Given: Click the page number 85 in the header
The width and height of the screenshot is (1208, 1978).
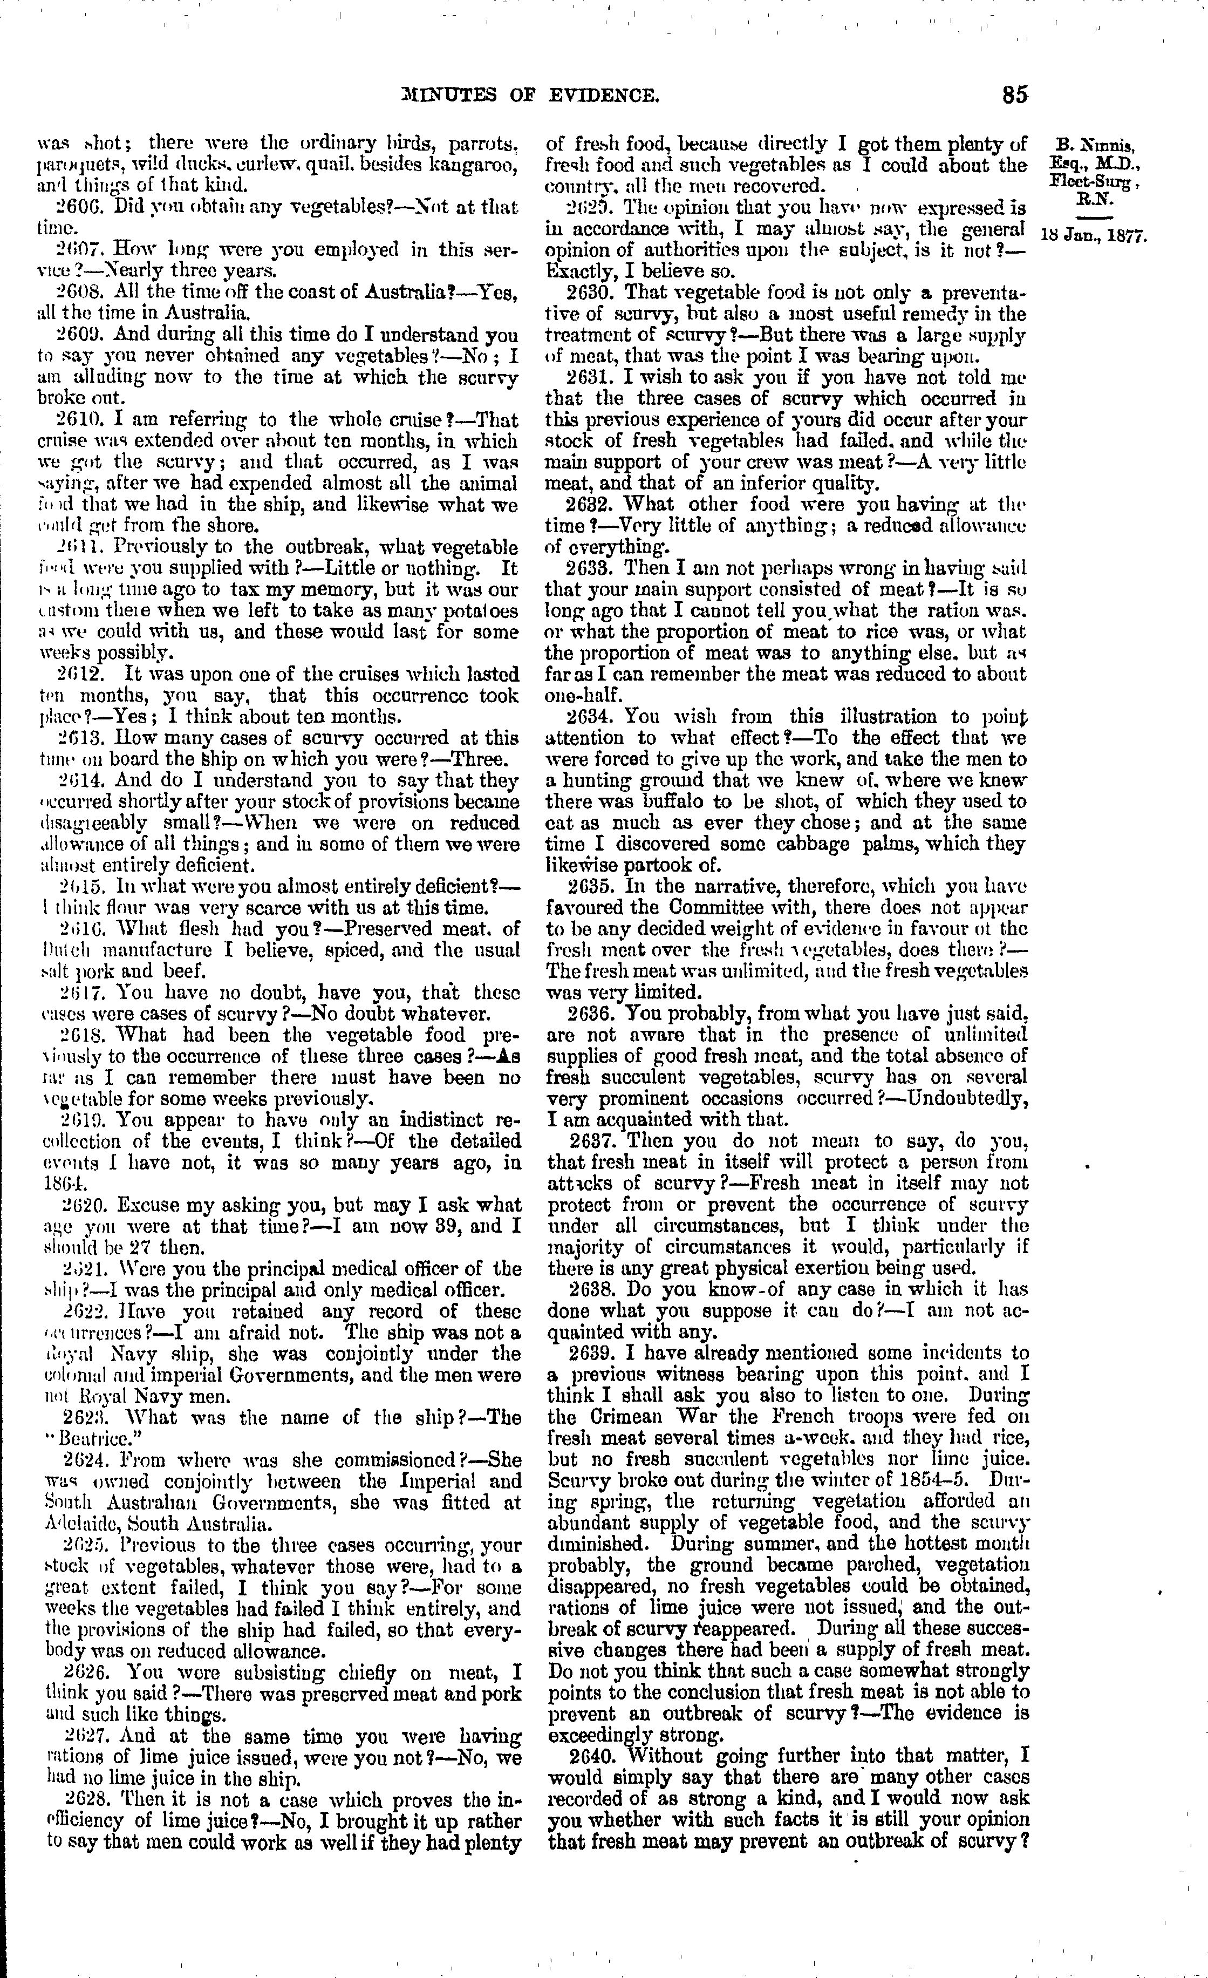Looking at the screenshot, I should coord(1014,95).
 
